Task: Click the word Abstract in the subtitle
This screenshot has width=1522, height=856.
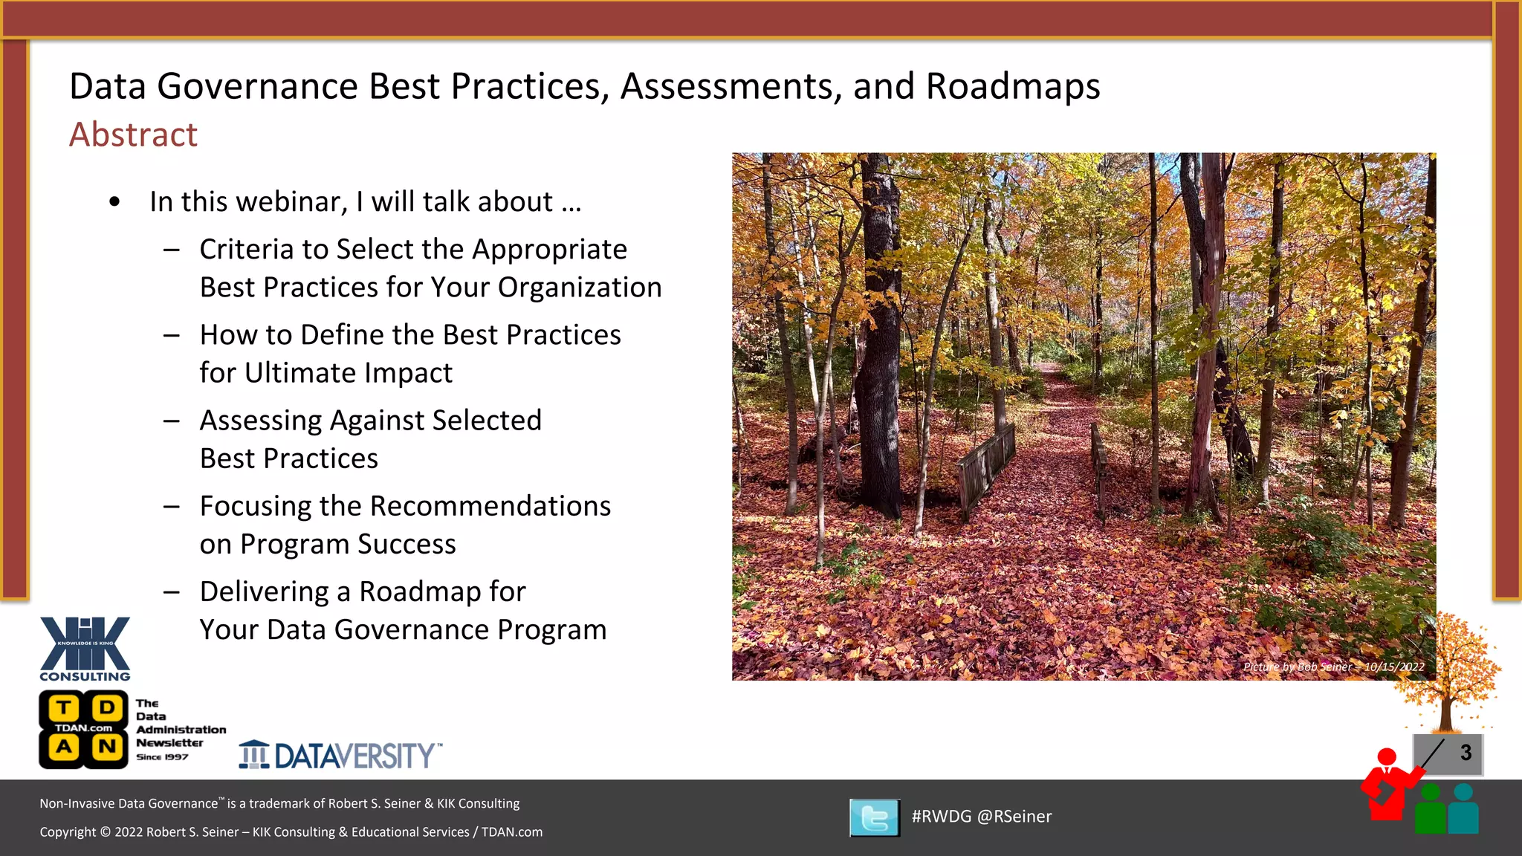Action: pos(133,134)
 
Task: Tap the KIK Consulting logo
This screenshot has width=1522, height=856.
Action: pos(85,648)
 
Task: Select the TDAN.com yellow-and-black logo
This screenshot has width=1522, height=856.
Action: pos(82,729)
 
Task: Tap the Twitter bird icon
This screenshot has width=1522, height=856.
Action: pos(875,817)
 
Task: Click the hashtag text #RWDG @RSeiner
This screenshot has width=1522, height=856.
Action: pos(981,817)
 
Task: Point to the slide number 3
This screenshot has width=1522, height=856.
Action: pos(1465,753)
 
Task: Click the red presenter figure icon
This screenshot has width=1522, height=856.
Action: pos(1386,788)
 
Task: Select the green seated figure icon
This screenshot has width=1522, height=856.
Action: pos(1430,811)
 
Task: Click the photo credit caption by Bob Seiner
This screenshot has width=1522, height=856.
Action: pos(1333,667)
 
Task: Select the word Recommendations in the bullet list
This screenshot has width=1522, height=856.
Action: pos(490,506)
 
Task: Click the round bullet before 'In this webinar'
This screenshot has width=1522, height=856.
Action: pos(114,202)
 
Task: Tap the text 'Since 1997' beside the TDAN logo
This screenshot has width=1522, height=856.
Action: pos(162,757)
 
